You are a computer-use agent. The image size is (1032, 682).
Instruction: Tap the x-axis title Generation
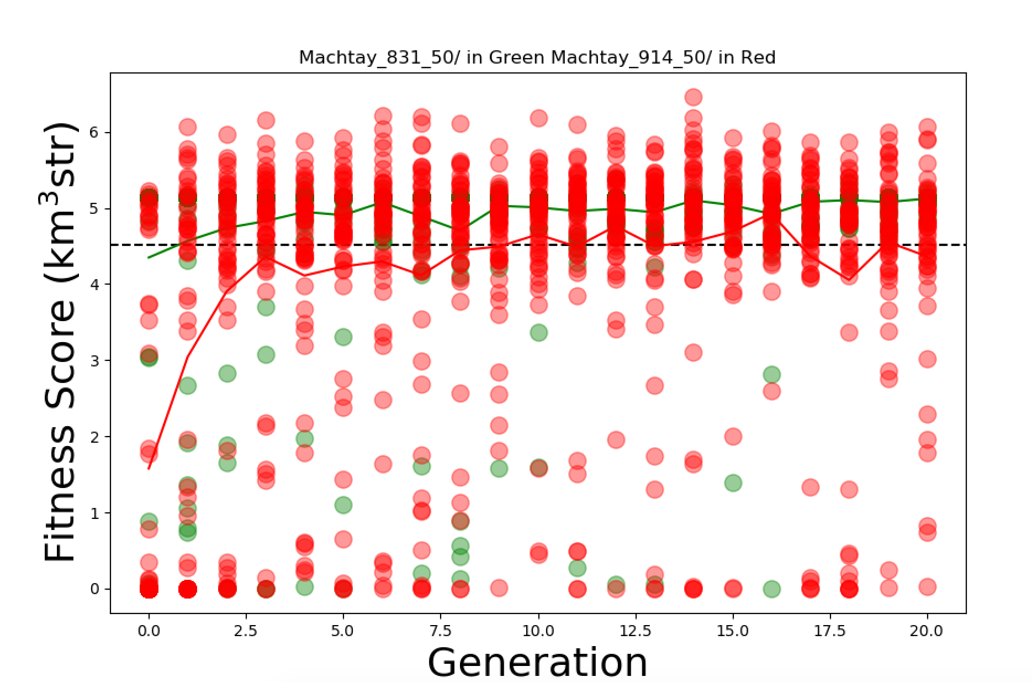point(537,662)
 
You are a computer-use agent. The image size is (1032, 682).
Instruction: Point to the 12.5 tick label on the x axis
point(636,631)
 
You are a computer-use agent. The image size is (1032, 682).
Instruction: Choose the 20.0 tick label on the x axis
point(927,631)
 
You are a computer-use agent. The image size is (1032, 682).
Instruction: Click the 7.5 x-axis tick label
point(441,631)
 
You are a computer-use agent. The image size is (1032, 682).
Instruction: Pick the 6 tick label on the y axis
point(95,133)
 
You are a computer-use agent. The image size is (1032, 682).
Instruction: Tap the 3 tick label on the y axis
point(95,361)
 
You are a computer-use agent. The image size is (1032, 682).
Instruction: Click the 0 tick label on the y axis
point(95,589)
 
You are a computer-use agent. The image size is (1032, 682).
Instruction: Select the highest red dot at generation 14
point(694,97)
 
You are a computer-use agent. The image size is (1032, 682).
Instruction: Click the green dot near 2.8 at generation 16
point(772,375)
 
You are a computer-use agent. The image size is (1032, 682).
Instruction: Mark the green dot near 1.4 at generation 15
point(733,482)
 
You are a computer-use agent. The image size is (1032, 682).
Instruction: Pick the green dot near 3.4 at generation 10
point(539,333)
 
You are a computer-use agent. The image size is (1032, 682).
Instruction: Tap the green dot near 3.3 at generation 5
point(343,337)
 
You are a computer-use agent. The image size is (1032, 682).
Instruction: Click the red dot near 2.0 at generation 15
point(733,437)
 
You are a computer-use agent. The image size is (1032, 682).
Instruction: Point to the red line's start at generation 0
point(149,469)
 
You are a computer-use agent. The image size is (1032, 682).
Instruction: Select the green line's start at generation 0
point(149,258)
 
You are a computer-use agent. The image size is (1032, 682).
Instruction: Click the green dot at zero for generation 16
point(772,589)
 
